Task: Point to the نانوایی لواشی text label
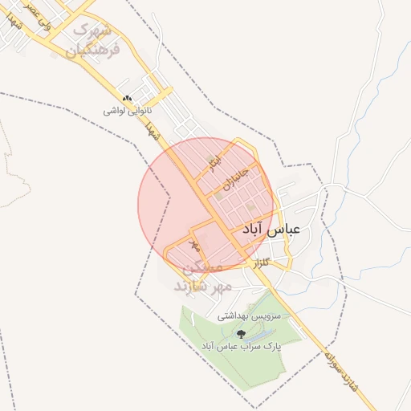point(127,112)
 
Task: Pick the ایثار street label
point(213,162)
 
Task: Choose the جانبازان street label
point(240,179)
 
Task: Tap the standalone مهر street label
point(193,242)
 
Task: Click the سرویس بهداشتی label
point(250,317)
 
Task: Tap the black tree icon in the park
point(240,333)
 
